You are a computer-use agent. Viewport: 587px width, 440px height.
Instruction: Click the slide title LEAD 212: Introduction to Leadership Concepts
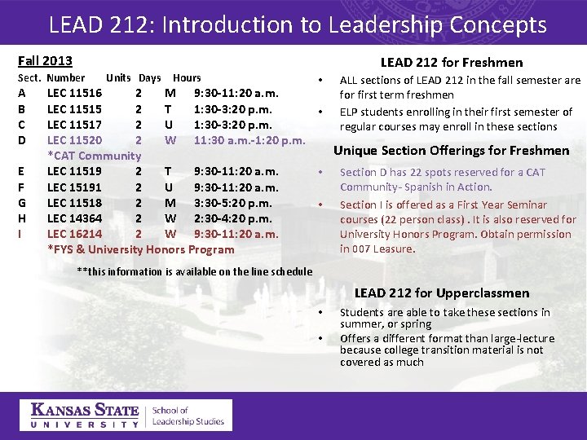click(298, 24)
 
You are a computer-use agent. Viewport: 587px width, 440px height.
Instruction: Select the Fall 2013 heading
click(45, 61)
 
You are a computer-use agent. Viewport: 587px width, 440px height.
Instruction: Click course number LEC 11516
click(74, 94)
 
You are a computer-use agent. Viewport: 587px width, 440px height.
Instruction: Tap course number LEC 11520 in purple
click(74, 140)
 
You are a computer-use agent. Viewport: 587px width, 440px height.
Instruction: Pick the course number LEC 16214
click(74, 234)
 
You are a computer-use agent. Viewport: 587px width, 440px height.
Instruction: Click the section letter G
click(22, 203)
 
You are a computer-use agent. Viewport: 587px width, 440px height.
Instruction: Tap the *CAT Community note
click(94, 156)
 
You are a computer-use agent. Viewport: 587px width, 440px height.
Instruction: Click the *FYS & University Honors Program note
click(140, 249)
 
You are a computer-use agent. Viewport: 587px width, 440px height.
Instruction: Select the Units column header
click(118, 78)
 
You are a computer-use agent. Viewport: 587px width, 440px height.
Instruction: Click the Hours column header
click(187, 78)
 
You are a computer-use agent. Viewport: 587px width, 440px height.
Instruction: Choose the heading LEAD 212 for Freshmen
click(452, 63)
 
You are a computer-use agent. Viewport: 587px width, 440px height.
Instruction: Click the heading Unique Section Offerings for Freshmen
click(452, 151)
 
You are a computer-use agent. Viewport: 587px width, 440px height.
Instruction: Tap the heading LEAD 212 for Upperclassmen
click(441, 293)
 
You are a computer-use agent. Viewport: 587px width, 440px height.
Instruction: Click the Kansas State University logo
click(84, 416)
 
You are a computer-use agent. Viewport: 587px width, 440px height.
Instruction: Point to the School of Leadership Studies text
click(188, 416)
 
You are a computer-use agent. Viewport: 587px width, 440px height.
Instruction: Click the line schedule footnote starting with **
click(194, 271)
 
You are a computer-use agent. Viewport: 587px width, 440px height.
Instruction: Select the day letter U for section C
click(168, 125)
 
